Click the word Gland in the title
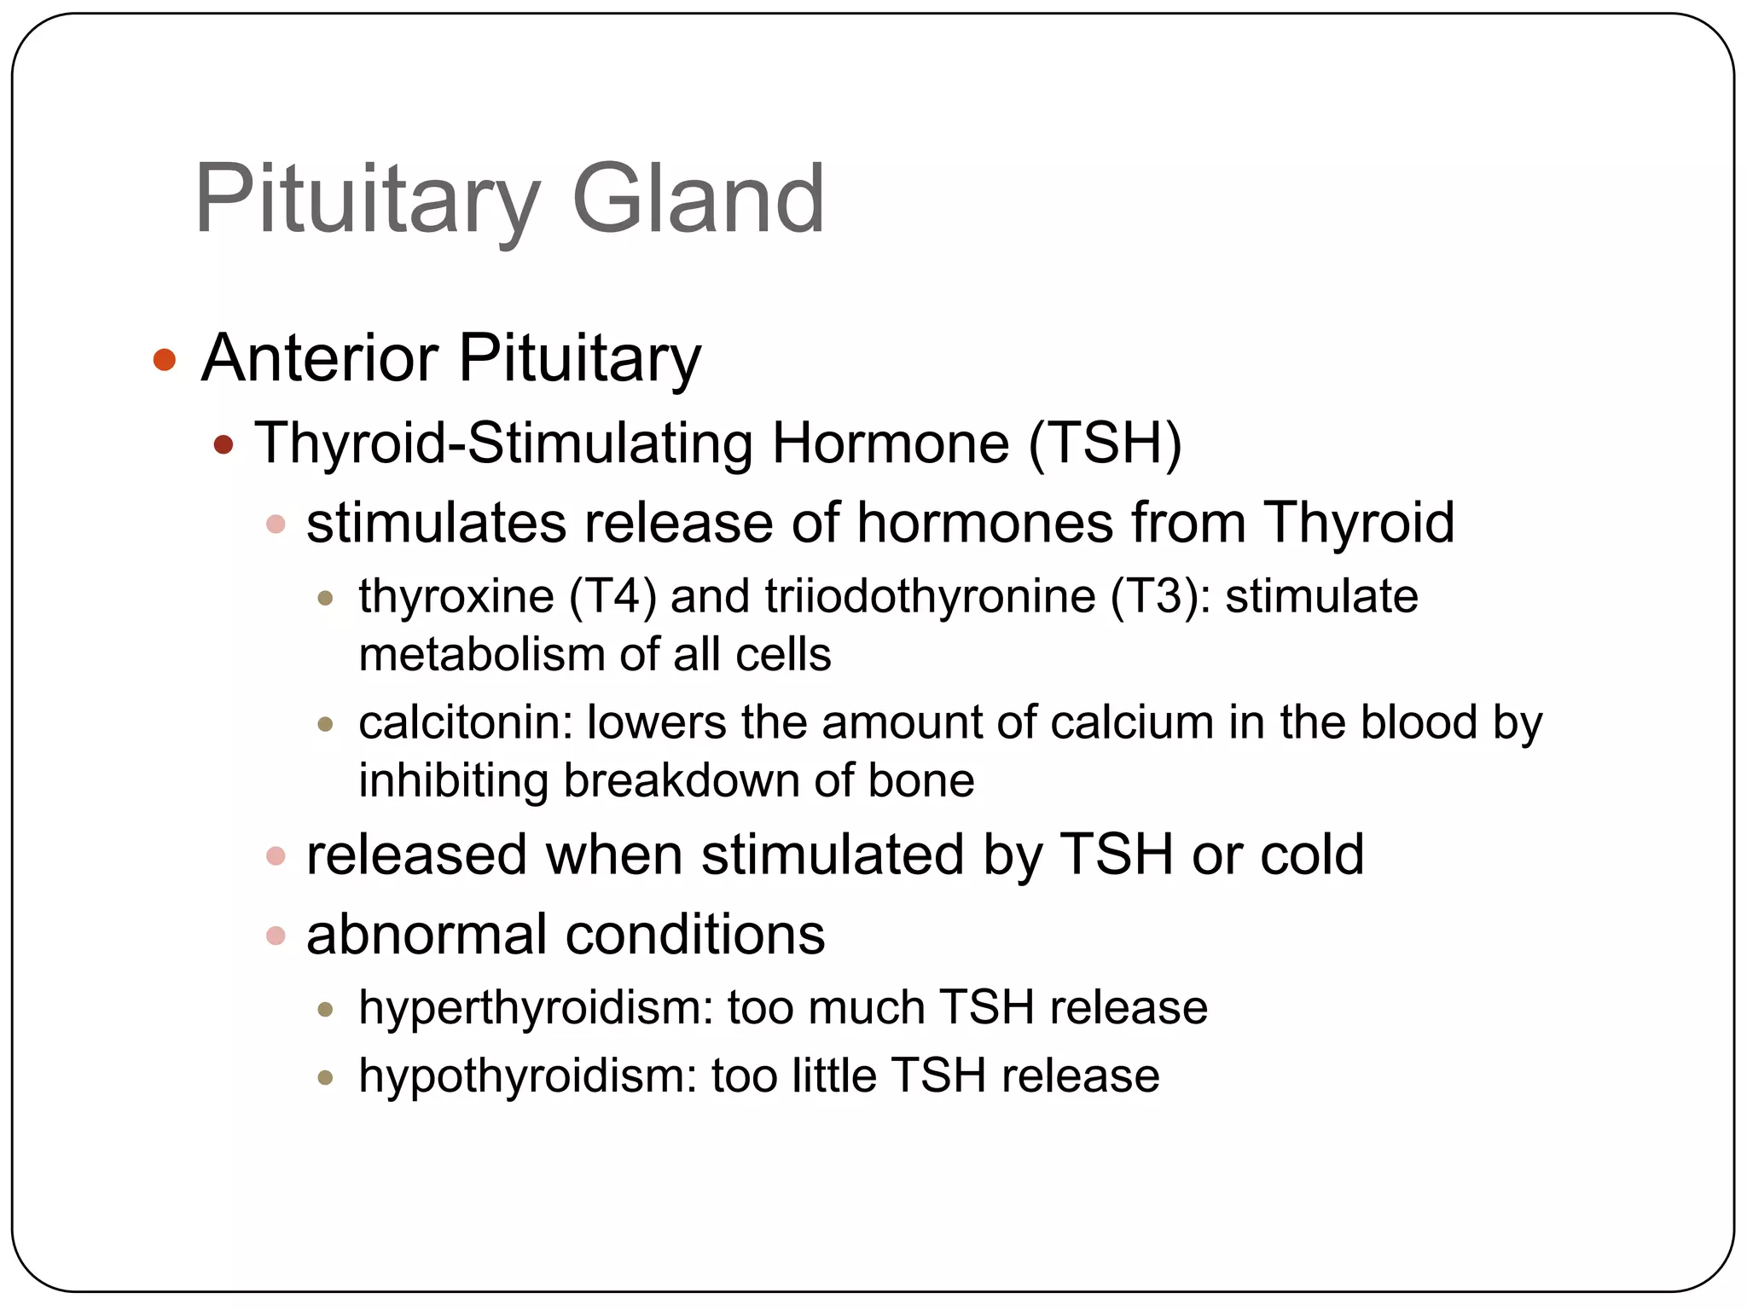[698, 200]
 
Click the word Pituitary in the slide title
[367, 200]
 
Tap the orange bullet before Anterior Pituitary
[164, 360]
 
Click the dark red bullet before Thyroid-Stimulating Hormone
[223, 444]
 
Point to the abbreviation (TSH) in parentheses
[1105, 443]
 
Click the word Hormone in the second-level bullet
[891, 443]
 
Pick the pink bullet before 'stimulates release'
[276, 524]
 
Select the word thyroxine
[456, 596]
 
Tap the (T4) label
[612, 596]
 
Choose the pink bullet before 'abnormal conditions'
[276, 936]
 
